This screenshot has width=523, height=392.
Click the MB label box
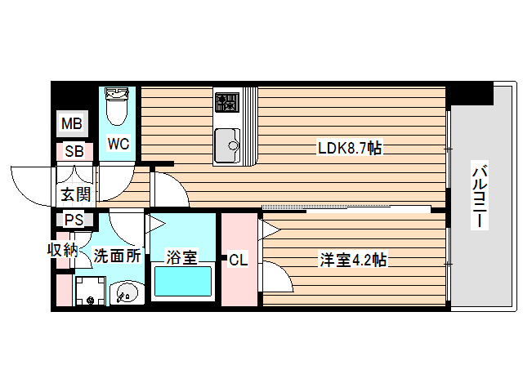[72, 124]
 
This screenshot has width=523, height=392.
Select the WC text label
[118, 145]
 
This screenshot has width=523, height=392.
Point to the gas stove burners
[226, 102]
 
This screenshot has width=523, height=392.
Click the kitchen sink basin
[226, 145]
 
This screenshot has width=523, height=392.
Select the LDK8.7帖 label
[351, 148]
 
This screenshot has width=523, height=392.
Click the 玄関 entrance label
[74, 194]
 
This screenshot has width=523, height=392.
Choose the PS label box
[74, 220]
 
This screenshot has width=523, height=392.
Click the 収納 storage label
[61, 249]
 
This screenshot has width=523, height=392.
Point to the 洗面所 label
[116, 256]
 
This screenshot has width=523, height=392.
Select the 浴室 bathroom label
[181, 257]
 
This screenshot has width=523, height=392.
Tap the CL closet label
[238, 261]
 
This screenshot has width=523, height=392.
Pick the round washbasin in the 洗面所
[125, 291]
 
